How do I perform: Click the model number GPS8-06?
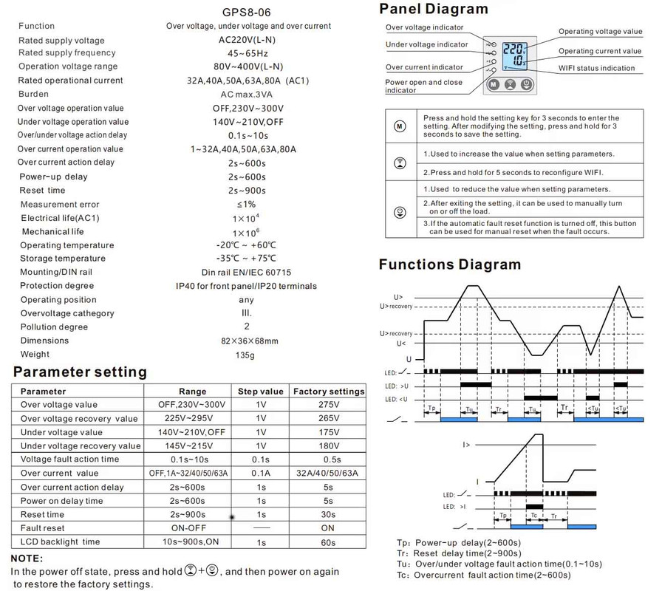(246, 11)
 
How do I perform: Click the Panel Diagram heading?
(434, 9)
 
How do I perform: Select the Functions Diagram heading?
(449, 264)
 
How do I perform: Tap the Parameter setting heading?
(79, 372)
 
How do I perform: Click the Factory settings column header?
(329, 391)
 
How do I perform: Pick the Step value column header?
(260, 391)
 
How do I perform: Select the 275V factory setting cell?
(329, 405)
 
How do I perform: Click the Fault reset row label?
(43, 528)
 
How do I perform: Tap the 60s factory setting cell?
(329, 542)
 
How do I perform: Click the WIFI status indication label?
(596, 68)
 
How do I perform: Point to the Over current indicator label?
(425, 67)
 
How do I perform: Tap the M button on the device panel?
(493, 84)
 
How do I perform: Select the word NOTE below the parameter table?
(27, 558)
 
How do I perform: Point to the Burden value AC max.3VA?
(246, 95)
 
